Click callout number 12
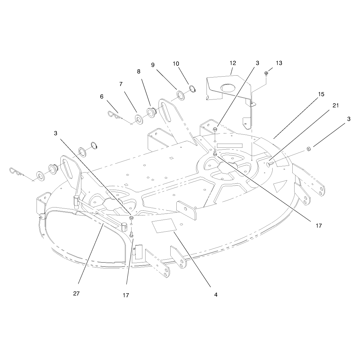click(233, 63)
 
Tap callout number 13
click(279, 63)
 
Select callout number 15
click(321, 94)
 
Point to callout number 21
click(336, 105)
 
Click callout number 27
click(76, 293)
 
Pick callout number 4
click(216, 295)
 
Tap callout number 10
click(176, 64)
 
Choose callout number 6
click(102, 96)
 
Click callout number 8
click(139, 71)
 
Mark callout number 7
click(121, 84)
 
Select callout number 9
click(153, 65)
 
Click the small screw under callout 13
click(266, 74)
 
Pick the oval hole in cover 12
click(228, 88)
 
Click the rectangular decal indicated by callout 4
click(164, 226)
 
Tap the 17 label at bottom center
click(126, 295)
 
